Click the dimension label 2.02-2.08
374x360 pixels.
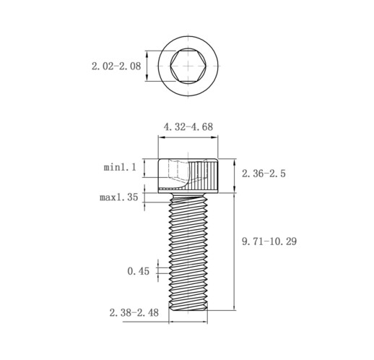pyautogui.click(x=116, y=66)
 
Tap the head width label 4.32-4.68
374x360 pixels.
pyautogui.click(x=188, y=127)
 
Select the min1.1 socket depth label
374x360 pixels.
pyautogui.click(x=120, y=167)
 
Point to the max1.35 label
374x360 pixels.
pyautogui.click(x=119, y=197)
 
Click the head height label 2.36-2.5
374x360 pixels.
pyautogui.click(x=264, y=173)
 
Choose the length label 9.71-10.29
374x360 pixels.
pyautogui.click(x=269, y=241)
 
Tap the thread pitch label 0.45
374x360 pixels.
pyautogui.click(x=138, y=271)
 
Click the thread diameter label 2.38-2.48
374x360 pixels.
pyautogui.click(x=134, y=313)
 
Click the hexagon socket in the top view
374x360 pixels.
pyautogui.click(x=188, y=66)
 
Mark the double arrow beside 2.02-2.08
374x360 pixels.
pyautogui.click(x=147, y=66)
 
